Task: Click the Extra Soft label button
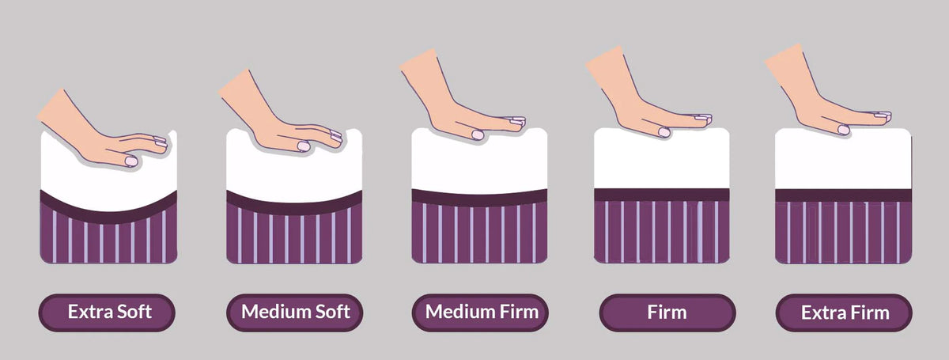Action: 107,313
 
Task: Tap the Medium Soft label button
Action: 295,313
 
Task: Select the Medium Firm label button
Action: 480,313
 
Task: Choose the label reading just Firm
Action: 667,313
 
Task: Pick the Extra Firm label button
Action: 844,313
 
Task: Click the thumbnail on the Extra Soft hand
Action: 131,161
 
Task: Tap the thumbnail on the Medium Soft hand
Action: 304,146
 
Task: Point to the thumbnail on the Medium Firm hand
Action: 478,135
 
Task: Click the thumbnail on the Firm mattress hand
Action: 664,132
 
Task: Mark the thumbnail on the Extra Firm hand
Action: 844,130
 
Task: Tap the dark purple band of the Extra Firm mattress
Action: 843,195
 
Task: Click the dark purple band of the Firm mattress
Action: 661,195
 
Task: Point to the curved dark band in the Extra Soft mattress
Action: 108,215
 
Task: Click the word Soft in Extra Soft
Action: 134,312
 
